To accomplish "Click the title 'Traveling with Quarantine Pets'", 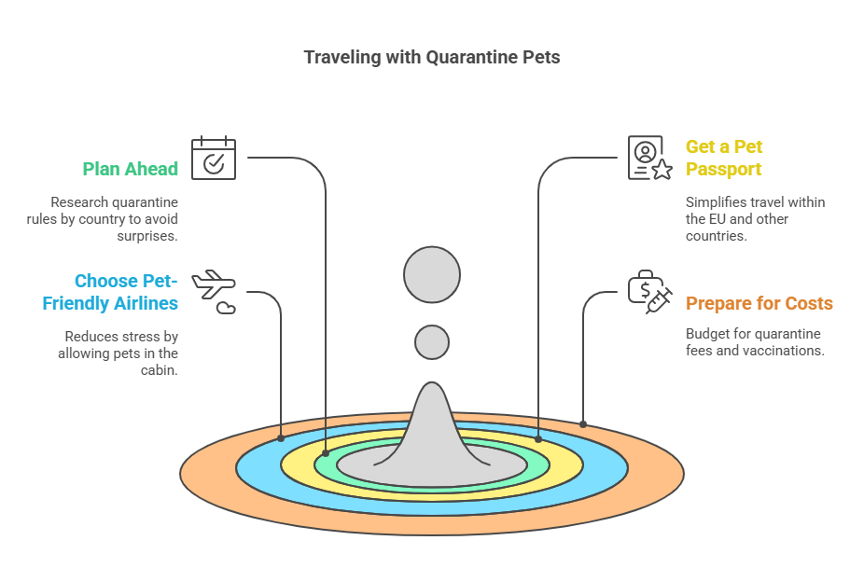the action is point(432,57).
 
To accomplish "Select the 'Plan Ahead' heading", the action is point(130,169).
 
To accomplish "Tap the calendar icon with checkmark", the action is point(214,158).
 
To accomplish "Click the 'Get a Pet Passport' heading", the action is point(724,158).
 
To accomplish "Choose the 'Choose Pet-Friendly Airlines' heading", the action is point(110,292).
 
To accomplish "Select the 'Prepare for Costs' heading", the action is point(759,303).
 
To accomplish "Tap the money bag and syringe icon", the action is point(650,292).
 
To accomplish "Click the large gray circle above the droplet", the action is point(432,275).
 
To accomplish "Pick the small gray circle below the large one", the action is point(432,342).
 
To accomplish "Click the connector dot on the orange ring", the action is point(583,424).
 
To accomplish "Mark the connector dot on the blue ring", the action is point(281,438).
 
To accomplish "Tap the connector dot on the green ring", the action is point(326,453).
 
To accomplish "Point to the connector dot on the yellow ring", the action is point(538,439).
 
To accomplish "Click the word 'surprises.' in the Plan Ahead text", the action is point(147,236).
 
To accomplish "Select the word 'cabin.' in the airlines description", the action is point(160,370).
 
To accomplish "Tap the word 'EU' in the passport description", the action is point(717,219).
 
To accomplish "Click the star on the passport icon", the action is point(662,170).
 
